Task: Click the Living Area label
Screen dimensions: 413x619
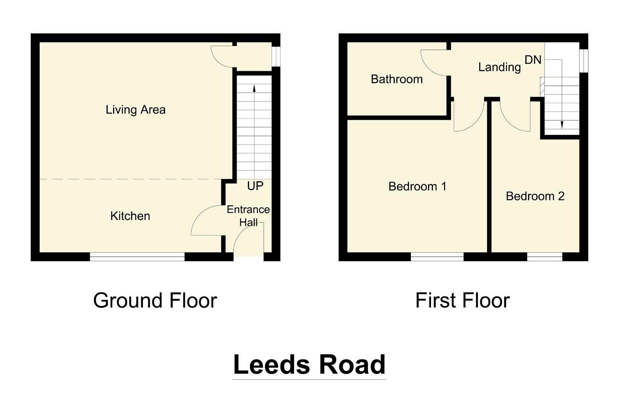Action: (x=136, y=110)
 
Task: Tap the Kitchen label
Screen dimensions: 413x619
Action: (x=130, y=216)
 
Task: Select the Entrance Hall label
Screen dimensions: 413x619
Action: (x=248, y=216)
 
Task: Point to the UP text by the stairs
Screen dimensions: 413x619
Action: (x=255, y=186)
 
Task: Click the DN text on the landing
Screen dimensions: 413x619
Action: (x=533, y=60)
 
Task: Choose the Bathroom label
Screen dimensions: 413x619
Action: (x=397, y=80)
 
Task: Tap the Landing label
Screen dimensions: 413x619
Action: (x=499, y=67)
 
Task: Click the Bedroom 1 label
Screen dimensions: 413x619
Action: (x=417, y=187)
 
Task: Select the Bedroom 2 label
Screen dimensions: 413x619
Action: (x=535, y=197)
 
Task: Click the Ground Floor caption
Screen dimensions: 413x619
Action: (x=155, y=301)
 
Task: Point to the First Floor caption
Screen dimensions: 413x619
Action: (x=462, y=301)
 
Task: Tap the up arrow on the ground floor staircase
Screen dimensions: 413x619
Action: (x=254, y=88)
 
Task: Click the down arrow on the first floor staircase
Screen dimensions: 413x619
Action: (x=562, y=124)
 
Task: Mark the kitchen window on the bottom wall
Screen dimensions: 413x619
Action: (x=137, y=257)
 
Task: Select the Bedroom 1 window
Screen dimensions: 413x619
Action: (x=437, y=257)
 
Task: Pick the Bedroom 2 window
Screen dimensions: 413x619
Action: (x=544, y=257)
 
